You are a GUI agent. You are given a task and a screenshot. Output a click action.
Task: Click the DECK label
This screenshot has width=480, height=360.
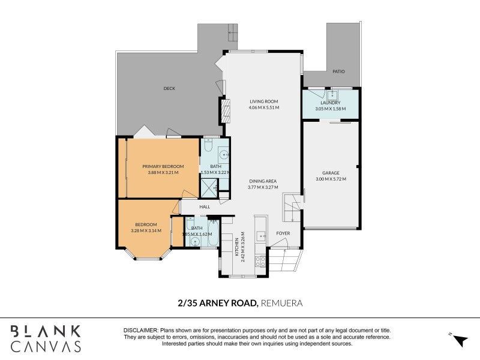pos(169,88)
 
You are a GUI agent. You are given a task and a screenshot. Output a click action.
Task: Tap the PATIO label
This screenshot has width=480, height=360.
pos(338,71)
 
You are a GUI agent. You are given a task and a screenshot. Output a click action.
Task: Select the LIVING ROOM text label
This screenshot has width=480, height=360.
pos(264,101)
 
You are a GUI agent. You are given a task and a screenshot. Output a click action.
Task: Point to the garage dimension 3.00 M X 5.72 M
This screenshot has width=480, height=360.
pos(331,179)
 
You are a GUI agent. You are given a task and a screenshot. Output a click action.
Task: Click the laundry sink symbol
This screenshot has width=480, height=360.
pos(332,94)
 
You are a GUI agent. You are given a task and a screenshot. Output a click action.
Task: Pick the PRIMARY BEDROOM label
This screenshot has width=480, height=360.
pos(163,167)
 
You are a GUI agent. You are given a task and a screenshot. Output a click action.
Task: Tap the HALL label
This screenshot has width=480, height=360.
pos(205,206)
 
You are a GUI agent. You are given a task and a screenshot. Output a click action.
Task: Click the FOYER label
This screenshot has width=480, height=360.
pos(283,233)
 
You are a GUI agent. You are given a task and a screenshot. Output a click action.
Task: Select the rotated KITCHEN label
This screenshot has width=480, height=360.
pos(236,247)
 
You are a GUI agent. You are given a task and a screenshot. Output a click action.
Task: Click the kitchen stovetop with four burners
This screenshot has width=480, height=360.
pos(260,262)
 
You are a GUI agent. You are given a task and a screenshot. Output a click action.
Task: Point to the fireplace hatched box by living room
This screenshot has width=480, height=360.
pos(226,111)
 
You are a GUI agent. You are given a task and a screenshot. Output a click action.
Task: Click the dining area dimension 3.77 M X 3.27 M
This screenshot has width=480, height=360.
pos(263,187)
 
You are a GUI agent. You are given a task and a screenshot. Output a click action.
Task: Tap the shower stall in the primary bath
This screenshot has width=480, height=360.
pos(209,188)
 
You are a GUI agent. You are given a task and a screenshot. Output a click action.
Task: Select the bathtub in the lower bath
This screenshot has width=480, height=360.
pos(213,233)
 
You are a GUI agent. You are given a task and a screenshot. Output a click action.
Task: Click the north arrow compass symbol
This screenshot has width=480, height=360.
pos(460,340)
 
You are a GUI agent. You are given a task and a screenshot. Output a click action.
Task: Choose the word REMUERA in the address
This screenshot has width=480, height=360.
pos(281,303)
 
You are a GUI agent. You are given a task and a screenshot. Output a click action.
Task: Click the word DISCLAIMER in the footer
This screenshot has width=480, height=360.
pos(141,331)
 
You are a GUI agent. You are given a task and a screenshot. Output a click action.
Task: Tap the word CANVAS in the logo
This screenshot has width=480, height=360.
pos(46,346)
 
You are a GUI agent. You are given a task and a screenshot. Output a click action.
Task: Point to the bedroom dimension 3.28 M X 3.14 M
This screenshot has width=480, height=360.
pos(146,231)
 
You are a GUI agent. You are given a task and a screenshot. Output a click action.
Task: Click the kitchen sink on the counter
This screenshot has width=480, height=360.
pos(261,236)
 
